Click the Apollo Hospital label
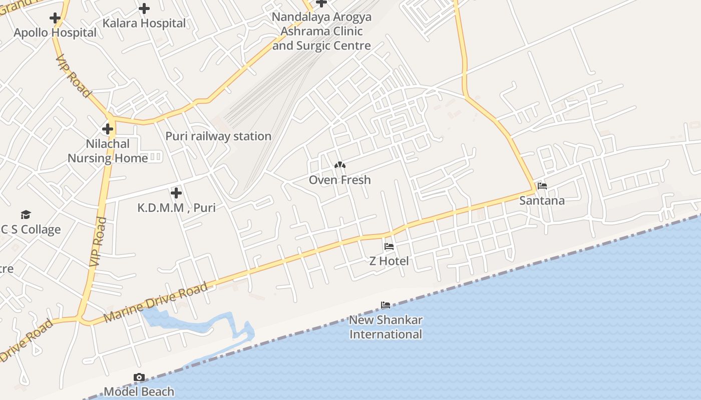(55, 32)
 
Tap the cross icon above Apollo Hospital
(55, 18)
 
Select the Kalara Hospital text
(144, 23)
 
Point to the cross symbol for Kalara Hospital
(144, 8)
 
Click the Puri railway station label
(218, 136)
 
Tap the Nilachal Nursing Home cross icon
(108, 129)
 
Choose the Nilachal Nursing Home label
(108, 151)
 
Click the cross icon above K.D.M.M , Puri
(176, 193)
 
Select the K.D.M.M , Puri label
(176, 207)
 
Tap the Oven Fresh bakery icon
(340, 165)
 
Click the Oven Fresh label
(340, 179)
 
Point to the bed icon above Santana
(542, 186)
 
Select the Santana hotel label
(542, 200)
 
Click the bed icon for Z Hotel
(389, 246)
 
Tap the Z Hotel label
(389, 260)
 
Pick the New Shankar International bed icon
(386, 304)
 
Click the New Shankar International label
(386, 327)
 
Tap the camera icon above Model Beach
(139, 377)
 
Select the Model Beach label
(139, 391)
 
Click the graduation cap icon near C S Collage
(26, 215)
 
